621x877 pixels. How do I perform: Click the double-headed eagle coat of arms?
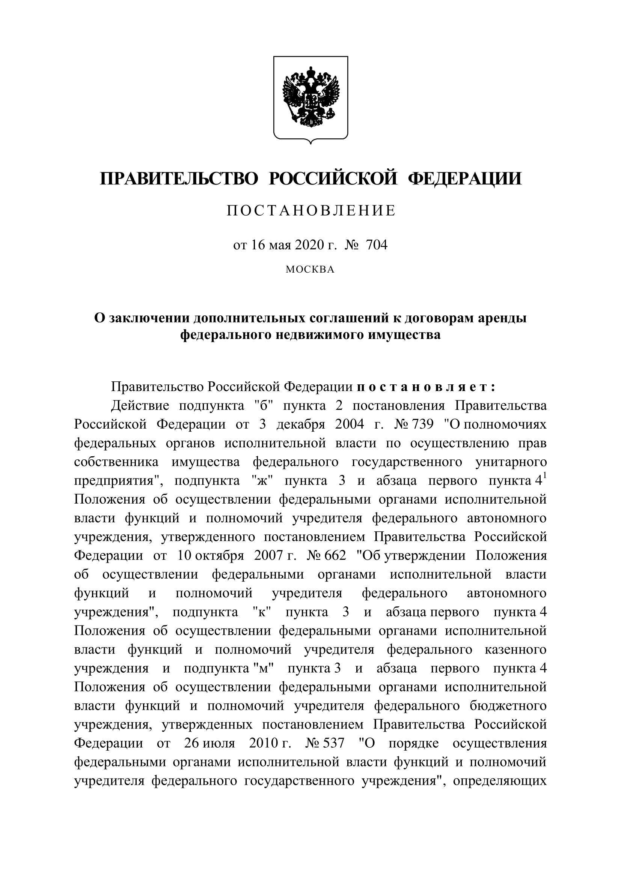click(x=310, y=97)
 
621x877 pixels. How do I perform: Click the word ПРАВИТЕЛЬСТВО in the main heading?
click(x=179, y=179)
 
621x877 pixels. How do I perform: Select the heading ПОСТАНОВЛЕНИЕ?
click(x=310, y=211)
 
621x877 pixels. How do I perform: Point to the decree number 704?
click(x=377, y=245)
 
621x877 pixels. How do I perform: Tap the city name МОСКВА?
click(x=310, y=270)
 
